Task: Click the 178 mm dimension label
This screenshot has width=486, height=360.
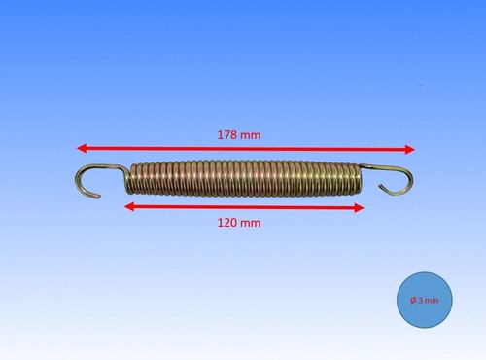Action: coord(239,135)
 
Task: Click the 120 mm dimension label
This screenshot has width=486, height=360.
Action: coord(239,223)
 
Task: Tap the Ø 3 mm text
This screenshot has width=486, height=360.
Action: coord(425,300)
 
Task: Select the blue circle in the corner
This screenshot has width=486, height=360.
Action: coord(425,300)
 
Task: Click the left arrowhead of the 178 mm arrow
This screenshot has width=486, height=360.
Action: coord(81,148)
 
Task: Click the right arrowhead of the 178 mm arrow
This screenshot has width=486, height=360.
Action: coord(410,150)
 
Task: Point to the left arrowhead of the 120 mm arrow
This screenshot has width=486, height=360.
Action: coord(129,206)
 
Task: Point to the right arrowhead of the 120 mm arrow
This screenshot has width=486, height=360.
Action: coord(360,208)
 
